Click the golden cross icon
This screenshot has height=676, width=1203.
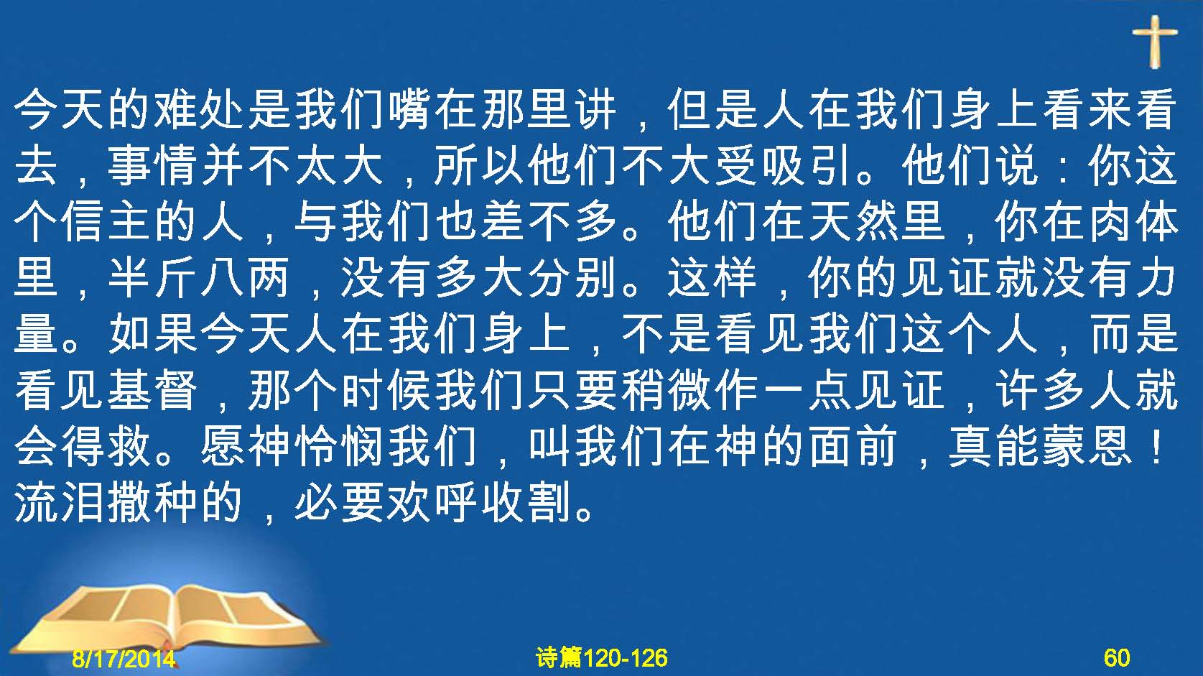click(1154, 42)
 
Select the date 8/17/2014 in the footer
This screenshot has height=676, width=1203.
click(124, 658)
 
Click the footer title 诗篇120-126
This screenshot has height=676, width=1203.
click(602, 657)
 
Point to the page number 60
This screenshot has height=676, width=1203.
click(1117, 657)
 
